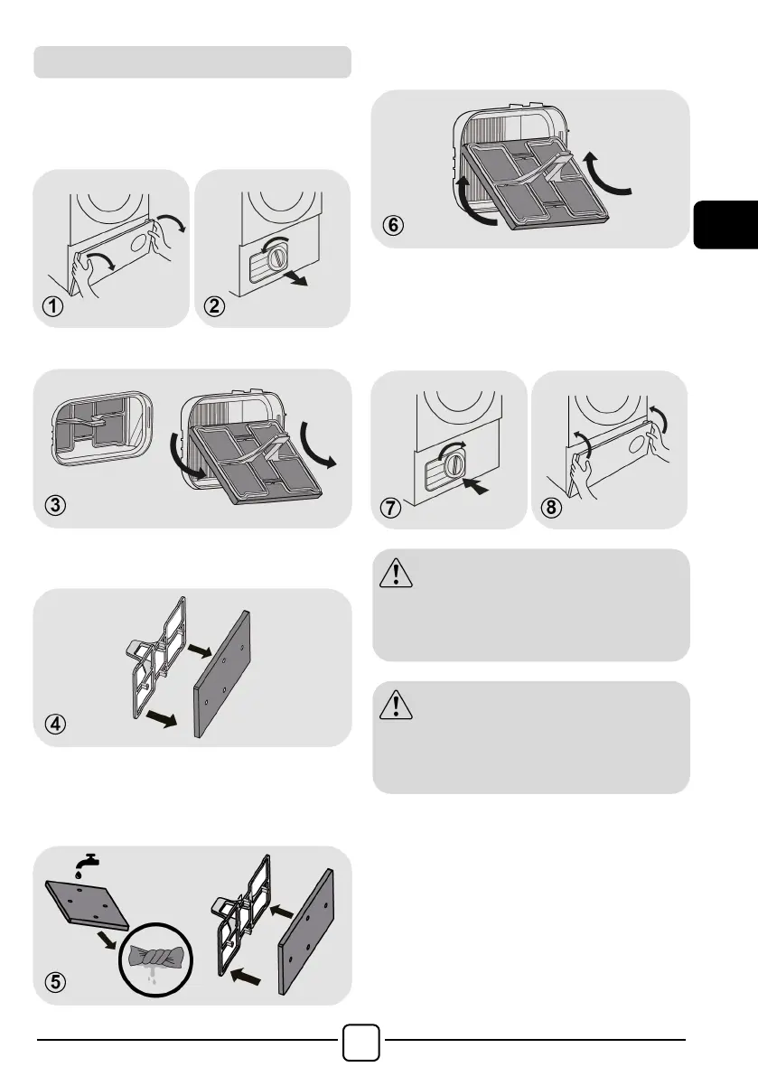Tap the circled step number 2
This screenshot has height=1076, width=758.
coord(215,306)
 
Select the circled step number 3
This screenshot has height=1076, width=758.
coord(56,506)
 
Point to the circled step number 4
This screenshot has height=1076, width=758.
coord(56,725)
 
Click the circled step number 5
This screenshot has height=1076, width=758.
coord(56,983)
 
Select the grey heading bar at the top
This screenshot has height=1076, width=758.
coord(192,61)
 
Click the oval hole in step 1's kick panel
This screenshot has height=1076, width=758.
coord(139,243)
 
